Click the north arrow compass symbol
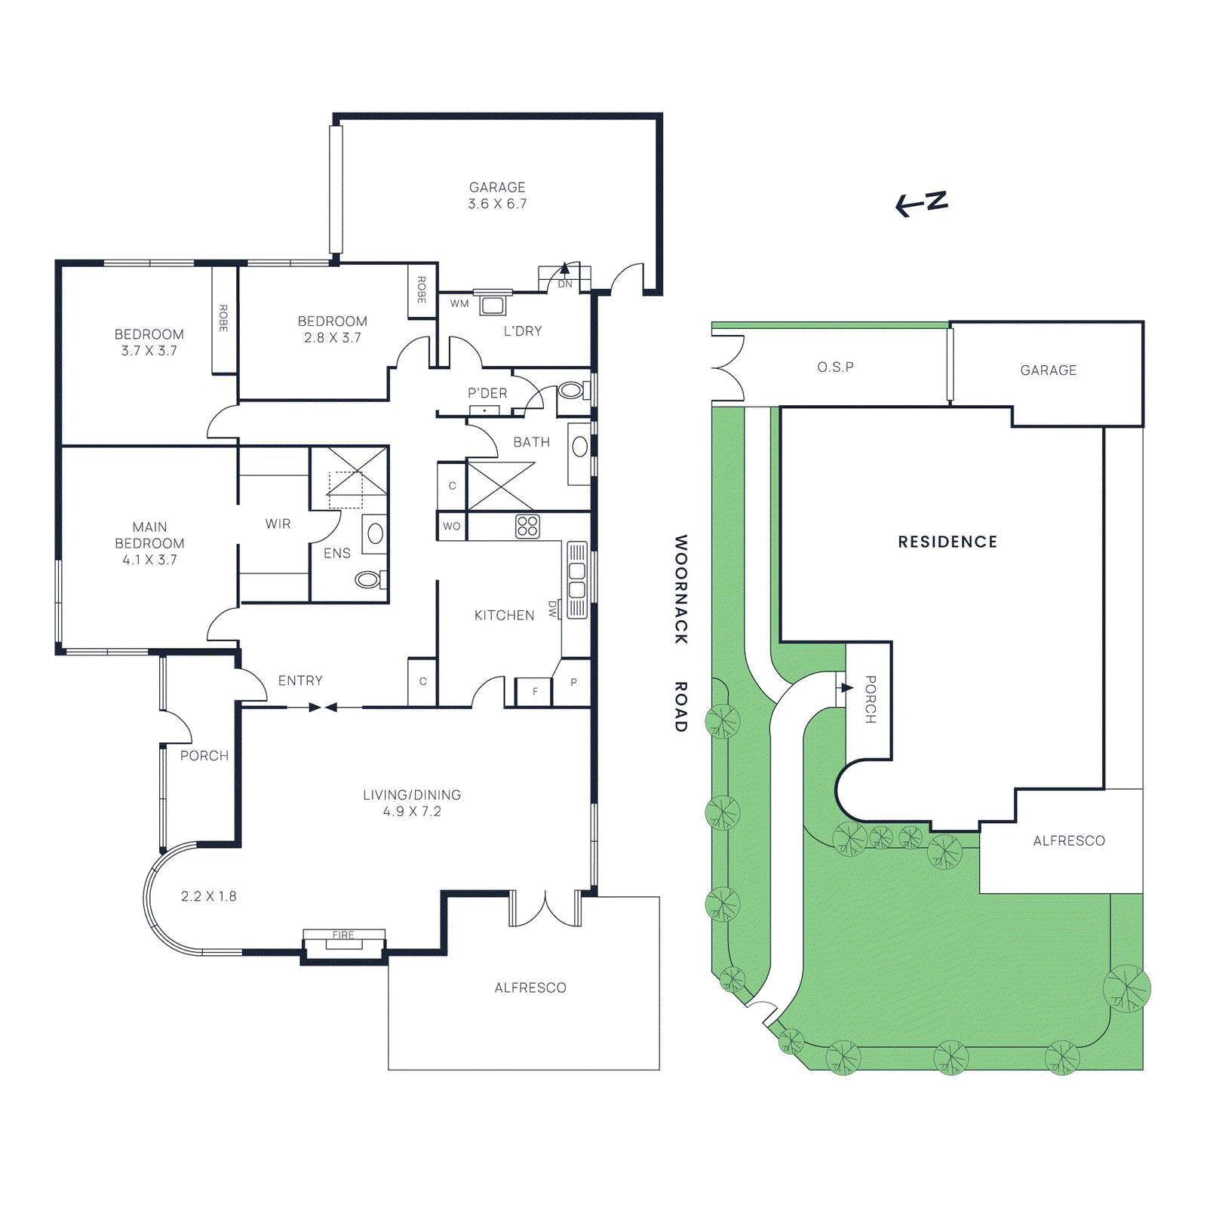pyautogui.click(x=921, y=203)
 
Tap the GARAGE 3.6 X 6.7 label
pyautogui.click(x=497, y=195)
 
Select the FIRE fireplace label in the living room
pyautogui.click(x=343, y=935)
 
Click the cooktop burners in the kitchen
pyautogui.click(x=527, y=526)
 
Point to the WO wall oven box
pyautogui.click(x=451, y=526)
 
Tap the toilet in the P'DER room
pyautogui.click(x=571, y=391)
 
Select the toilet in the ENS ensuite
pyautogui.click(x=368, y=579)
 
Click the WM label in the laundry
pyautogui.click(x=459, y=304)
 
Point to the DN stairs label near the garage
pyautogui.click(x=565, y=284)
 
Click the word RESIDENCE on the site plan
pyautogui.click(x=947, y=542)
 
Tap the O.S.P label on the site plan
pyautogui.click(x=835, y=367)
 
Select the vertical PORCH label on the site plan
pyautogui.click(x=870, y=699)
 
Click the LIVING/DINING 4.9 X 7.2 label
pyautogui.click(x=412, y=803)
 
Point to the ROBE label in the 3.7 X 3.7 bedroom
pyautogui.click(x=223, y=318)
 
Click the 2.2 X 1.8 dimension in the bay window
pyautogui.click(x=208, y=896)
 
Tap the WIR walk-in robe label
pyautogui.click(x=278, y=524)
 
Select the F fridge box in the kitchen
pyautogui.click(x=536, y=691)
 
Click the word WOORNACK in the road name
pyautogui.click(x=680, y=589)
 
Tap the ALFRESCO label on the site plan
pyautogui.click(x=1068, y=840)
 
